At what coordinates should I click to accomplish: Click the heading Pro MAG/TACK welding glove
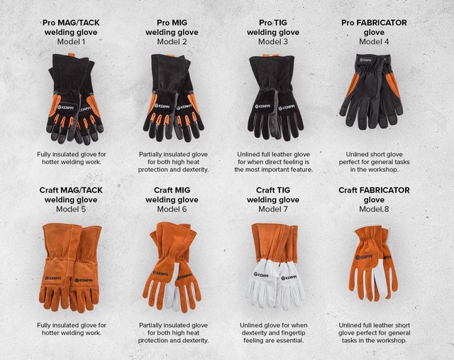[71, 27]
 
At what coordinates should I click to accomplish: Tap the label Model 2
[172, 42]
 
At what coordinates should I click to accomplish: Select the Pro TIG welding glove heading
[273, 27]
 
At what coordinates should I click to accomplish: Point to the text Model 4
[374, 42]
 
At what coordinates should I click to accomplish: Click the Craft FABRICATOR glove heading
[374, 195]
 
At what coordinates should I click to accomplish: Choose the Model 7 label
[273, 209]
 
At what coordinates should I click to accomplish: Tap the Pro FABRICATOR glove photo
[372, 92]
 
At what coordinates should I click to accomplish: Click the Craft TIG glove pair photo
[275, 266]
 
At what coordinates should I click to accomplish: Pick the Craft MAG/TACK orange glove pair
[70, 268]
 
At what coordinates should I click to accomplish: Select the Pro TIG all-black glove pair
[275, 97]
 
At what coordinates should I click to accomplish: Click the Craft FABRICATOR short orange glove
[374, 263]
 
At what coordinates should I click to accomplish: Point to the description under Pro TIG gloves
[273, 162]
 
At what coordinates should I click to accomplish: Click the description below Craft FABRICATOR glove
[374, 333]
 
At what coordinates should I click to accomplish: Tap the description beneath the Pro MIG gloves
[173, 162]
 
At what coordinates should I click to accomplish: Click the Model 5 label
[71, 209]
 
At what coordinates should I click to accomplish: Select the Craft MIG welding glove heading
[172, 195]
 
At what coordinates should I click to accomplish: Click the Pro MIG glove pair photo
[173, 98]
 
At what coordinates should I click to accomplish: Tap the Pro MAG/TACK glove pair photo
[74, 99]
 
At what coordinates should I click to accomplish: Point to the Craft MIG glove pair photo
[172, 267]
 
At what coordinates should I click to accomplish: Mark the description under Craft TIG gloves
[274, 333]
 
